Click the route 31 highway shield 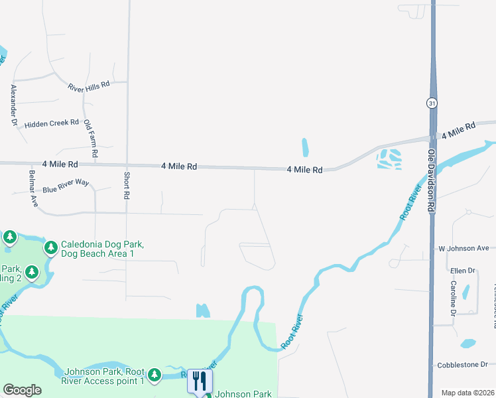[431, 103]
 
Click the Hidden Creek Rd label [51, 124]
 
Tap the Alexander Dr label [13, 105]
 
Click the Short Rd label [126, 185]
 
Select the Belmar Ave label [32, 188]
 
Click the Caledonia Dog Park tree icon [51, 248]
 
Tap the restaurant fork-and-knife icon [200, 381]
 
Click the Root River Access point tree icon [154, 376]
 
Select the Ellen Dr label [463, 271]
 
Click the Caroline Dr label [454, 298]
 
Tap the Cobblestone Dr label [462, 365]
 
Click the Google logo [22, 390]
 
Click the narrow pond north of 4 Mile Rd [305, 147]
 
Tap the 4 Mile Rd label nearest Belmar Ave [60, 163]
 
